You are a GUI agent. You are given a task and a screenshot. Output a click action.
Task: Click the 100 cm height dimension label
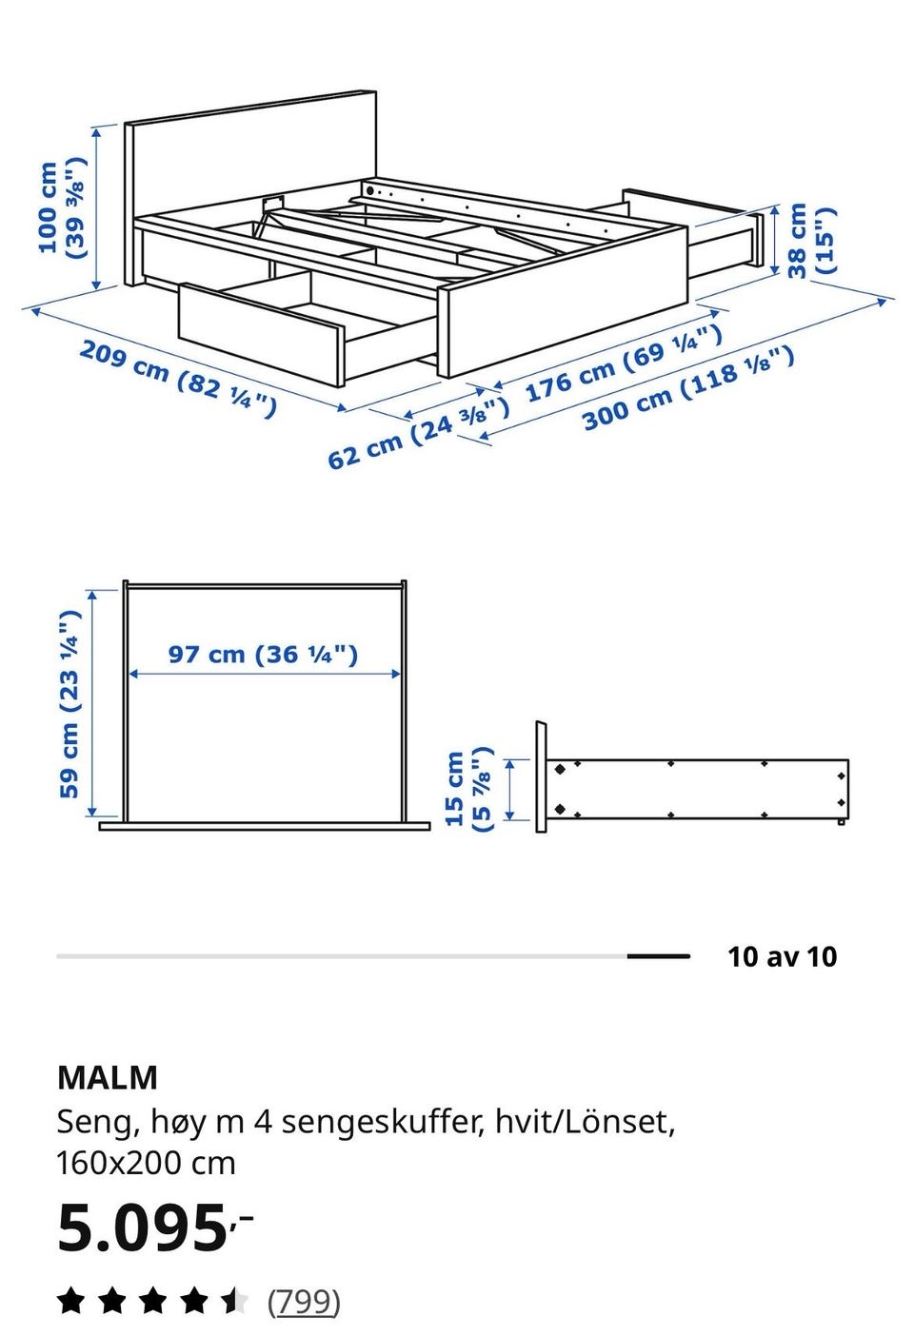pos(61,207)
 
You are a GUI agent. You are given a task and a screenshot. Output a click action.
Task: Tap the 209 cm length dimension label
pos(178,378)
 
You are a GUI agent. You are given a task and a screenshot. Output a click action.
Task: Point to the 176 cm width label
pos(624,363)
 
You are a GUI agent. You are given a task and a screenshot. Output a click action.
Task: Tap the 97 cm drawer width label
pos(263,655)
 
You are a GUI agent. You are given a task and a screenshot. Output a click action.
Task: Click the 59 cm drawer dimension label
pos(70,704)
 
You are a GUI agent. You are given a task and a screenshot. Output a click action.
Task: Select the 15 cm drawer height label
pos(468,789)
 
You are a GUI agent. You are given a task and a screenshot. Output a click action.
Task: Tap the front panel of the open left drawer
pos(261,334)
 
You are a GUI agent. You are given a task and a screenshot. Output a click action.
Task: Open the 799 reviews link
pos(304,1303)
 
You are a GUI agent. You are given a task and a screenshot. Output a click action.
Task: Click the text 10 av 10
pos(783,956)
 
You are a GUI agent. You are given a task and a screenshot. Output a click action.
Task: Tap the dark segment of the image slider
pos(658,956)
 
